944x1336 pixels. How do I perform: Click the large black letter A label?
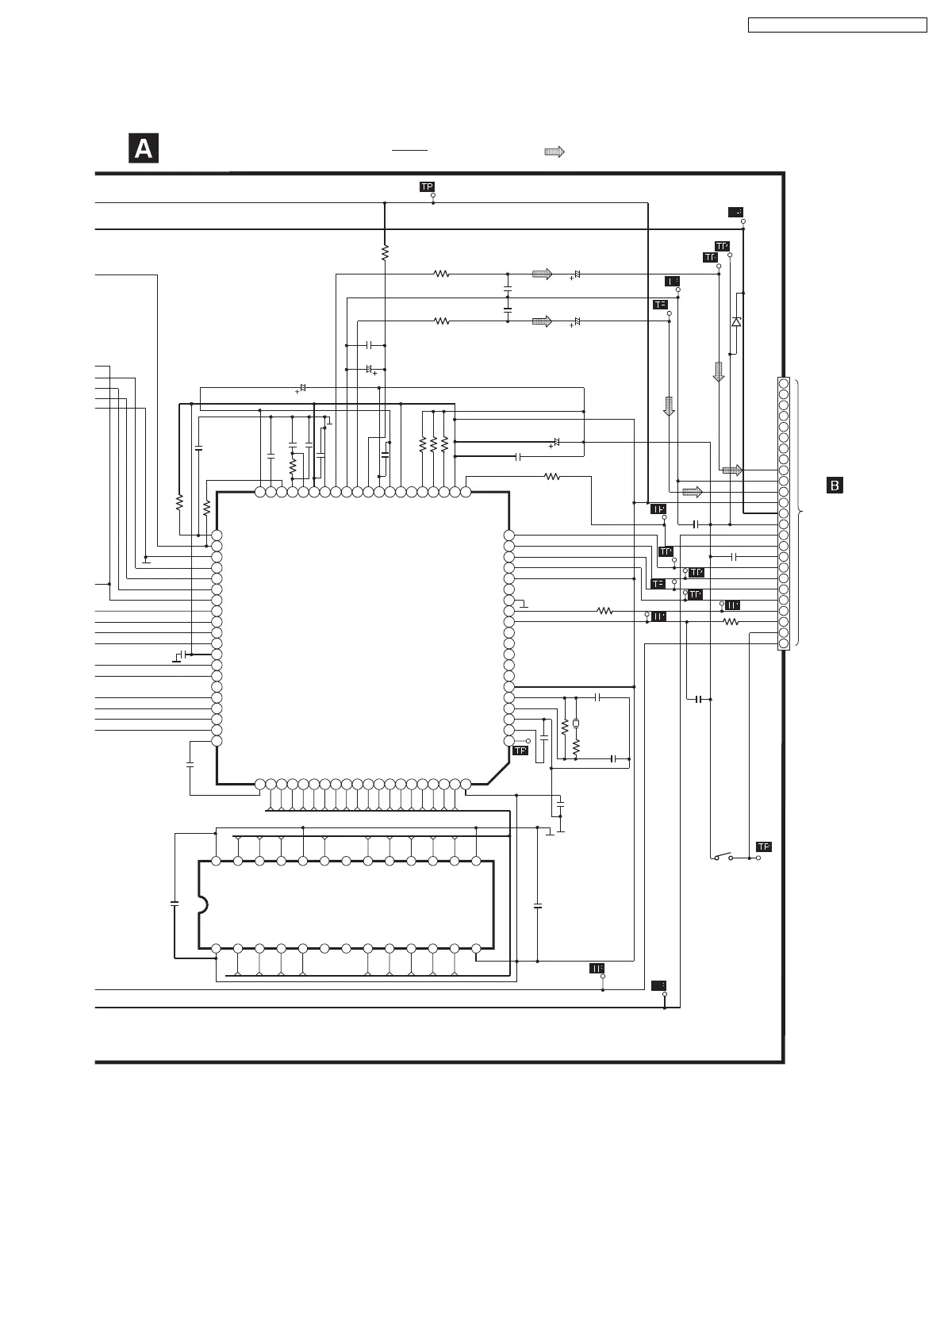(144, 149)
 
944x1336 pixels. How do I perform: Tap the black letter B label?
(835, 485)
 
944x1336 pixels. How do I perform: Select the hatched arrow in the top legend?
(554, 152)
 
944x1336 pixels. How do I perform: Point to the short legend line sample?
(409, 149)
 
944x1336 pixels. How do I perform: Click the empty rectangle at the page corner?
(837, 25)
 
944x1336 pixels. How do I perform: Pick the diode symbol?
(736, 321)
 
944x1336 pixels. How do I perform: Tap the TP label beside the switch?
(763, 847)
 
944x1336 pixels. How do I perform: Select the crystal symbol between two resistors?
(576, 724)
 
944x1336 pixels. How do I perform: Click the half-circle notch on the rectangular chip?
(203, 904)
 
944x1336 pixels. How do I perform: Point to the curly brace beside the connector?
(800, 513)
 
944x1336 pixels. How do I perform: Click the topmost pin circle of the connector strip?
(784, 384)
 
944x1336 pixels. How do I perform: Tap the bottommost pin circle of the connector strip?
(784, 643)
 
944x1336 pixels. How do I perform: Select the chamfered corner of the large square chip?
(497, 774)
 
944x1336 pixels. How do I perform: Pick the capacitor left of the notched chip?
(175, 903)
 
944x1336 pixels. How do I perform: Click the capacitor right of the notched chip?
(538, 904)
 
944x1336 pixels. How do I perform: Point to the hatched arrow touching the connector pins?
(732, 470)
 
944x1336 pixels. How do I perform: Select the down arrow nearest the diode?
(719, 371)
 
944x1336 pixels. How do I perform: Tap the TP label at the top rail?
(427, 186)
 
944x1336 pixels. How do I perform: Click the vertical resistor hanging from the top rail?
(385, 252)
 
